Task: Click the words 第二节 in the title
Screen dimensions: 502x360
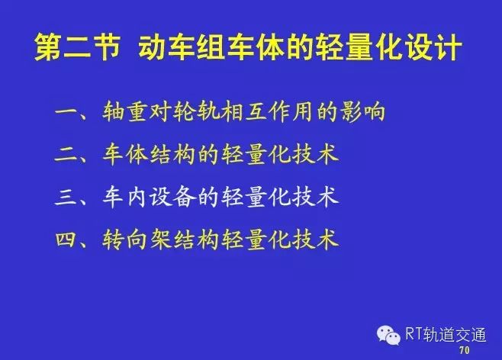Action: [x=77, y=47]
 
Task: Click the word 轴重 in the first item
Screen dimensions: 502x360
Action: [x=126, y=111]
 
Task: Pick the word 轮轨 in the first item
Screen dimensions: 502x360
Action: [x=197, y=111]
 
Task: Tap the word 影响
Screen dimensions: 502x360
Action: [x=362, y=111]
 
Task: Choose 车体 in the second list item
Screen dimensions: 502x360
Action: [x=126, y=155]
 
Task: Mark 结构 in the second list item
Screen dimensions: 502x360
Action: [x=173, y=155]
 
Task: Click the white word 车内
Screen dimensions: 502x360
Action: [x=126, y=197]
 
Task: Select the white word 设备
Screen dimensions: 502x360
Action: [x=173, y=197]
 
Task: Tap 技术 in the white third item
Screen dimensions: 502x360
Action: [x=315, y=197]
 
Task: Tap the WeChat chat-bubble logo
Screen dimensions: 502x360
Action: [x=388, y=335]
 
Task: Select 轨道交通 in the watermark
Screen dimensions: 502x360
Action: [x=455, y=334]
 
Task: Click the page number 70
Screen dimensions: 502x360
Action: [x=465, y=350]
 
